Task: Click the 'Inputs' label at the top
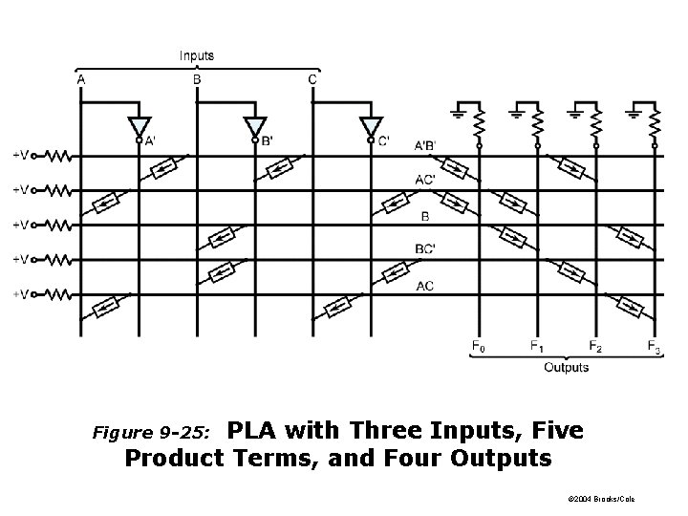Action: (197, 55)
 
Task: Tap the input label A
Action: (80, 79)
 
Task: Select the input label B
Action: (197, 79)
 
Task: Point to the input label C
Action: (312, 79)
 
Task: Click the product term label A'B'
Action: (426, 144)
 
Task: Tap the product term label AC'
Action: (427, 180)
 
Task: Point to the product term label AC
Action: (425, 286)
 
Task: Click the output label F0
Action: (479, 347)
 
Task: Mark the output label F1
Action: (537, 347)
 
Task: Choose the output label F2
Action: (595, 347)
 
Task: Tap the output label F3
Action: (655, 347)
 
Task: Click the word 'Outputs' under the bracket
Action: (566, 367)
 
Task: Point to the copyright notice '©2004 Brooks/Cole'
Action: (601, 500)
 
